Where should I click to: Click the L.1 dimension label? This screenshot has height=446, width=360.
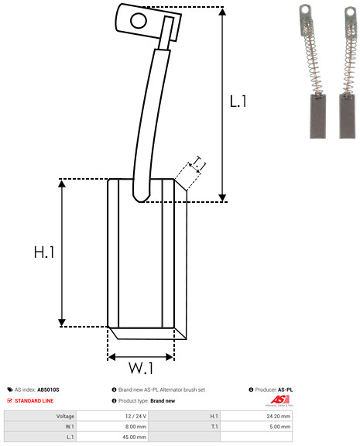[x=238, y=101]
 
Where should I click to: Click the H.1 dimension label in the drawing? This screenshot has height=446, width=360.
[x=44, y=252]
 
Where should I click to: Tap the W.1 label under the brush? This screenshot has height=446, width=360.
[x=141, y=368]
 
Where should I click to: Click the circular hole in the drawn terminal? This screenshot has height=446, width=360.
[x=139, y=20]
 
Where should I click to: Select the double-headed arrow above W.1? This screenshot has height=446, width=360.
[x=141, y=357]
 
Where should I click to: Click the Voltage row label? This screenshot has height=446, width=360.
[x=65, y=416]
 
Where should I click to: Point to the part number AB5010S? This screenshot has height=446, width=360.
[x=48, y=389]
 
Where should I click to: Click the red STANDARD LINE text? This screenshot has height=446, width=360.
[x=34, y=401]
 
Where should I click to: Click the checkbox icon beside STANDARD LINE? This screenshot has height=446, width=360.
[x=9, y=400]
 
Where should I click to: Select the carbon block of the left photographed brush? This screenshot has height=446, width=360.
[x=317, y=116]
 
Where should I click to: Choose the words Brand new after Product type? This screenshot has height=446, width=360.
[x=163, y=401]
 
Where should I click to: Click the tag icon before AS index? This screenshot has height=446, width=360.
[x=10, y=389]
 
